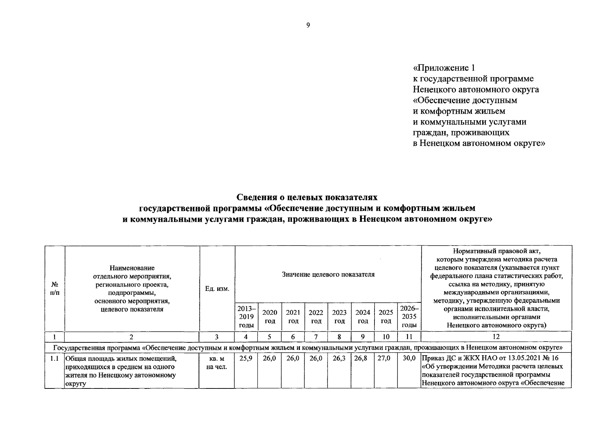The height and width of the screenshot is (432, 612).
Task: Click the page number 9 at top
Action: tap(308, 25)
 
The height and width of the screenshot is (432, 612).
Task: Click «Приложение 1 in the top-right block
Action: tap(444, 68)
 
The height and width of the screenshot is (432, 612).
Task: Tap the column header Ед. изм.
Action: tap(217, 289)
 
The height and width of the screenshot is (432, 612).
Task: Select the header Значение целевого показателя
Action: tap(328, 275)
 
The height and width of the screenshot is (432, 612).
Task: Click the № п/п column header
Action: tap(55, 289)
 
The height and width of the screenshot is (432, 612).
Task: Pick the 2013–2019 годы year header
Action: tap(246, 316)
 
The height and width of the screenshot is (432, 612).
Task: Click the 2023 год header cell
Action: tap(339, 317)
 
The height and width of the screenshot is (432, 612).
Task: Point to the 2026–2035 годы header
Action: tap(409, 316)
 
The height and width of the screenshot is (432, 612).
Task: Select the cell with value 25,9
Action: tap(245, 359)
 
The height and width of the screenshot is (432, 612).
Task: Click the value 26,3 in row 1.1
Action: tap(339, 359)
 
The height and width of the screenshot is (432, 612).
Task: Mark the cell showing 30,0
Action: tap(409, 359)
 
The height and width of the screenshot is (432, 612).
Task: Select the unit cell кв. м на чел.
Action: tap(217, 363)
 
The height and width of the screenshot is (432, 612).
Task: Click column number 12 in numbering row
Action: tap(496, 337)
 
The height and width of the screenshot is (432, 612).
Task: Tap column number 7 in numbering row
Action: tap(316, 337)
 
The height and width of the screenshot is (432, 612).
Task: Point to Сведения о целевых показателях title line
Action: tap(307, 197)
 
